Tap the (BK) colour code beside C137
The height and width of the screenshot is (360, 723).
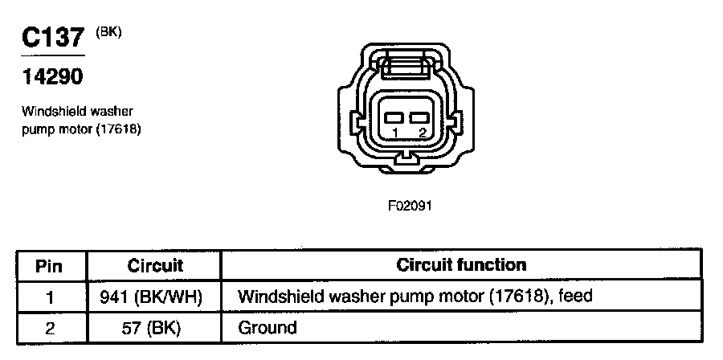click(x=108, y=33)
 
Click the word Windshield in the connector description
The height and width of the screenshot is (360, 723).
click(x=52, y=111)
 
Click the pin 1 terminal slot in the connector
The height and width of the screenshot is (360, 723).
click(x=394, y=117)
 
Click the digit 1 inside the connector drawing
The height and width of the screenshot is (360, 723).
click(x=394, y=133)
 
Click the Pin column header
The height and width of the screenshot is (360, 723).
click(x=50, y=265)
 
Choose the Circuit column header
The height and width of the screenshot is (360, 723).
click(x=155, y=265)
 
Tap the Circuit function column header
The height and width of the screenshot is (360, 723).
click(x=462, y=265)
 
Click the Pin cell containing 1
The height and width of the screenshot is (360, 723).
click(x=50, y=297)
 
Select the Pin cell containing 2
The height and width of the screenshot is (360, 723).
click(x=50, y=328)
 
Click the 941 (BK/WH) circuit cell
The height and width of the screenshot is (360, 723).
click(x=155, y=297)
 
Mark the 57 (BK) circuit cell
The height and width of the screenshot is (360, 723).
click(x=155, y=328)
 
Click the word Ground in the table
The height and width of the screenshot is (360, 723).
click(x=268, y=328)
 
